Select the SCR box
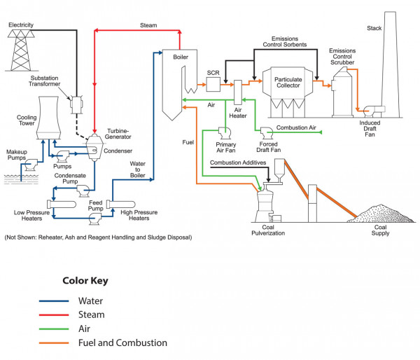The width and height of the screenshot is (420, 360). pos(213,83)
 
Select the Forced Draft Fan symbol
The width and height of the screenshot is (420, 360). pos(266,132)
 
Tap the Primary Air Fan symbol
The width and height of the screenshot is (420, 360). pos(225,132)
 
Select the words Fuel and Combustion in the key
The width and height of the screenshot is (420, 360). pos(134,342)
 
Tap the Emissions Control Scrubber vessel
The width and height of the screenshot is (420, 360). pos(342,93)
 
